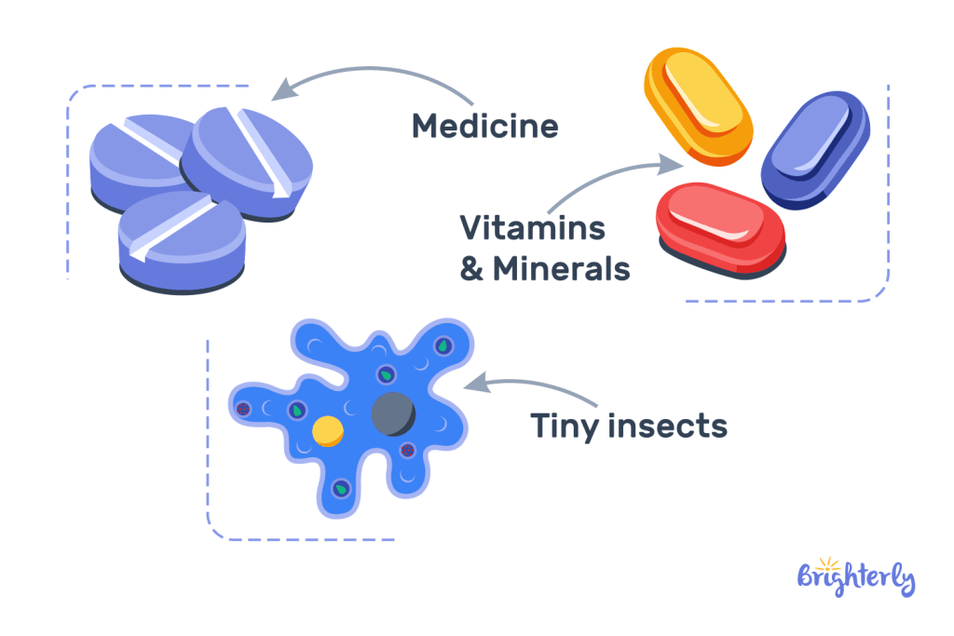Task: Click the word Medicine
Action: coord(485,125)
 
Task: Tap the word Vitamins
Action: coord(533,227)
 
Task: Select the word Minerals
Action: coord(562,269)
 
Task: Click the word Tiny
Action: coord(565,426)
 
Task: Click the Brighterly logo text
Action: coord(856,578)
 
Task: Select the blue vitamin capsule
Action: coord(814,151)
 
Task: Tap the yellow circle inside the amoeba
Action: coord(328,431)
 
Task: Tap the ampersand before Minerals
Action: coord(472,269)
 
